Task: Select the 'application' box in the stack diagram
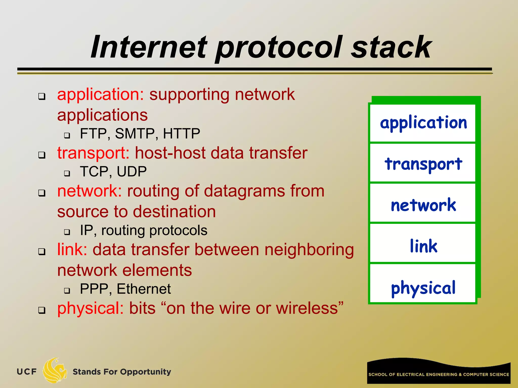423,123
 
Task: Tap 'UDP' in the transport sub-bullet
132,172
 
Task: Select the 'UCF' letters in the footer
27,372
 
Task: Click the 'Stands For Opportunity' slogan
122,372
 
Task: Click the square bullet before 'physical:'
42,310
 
